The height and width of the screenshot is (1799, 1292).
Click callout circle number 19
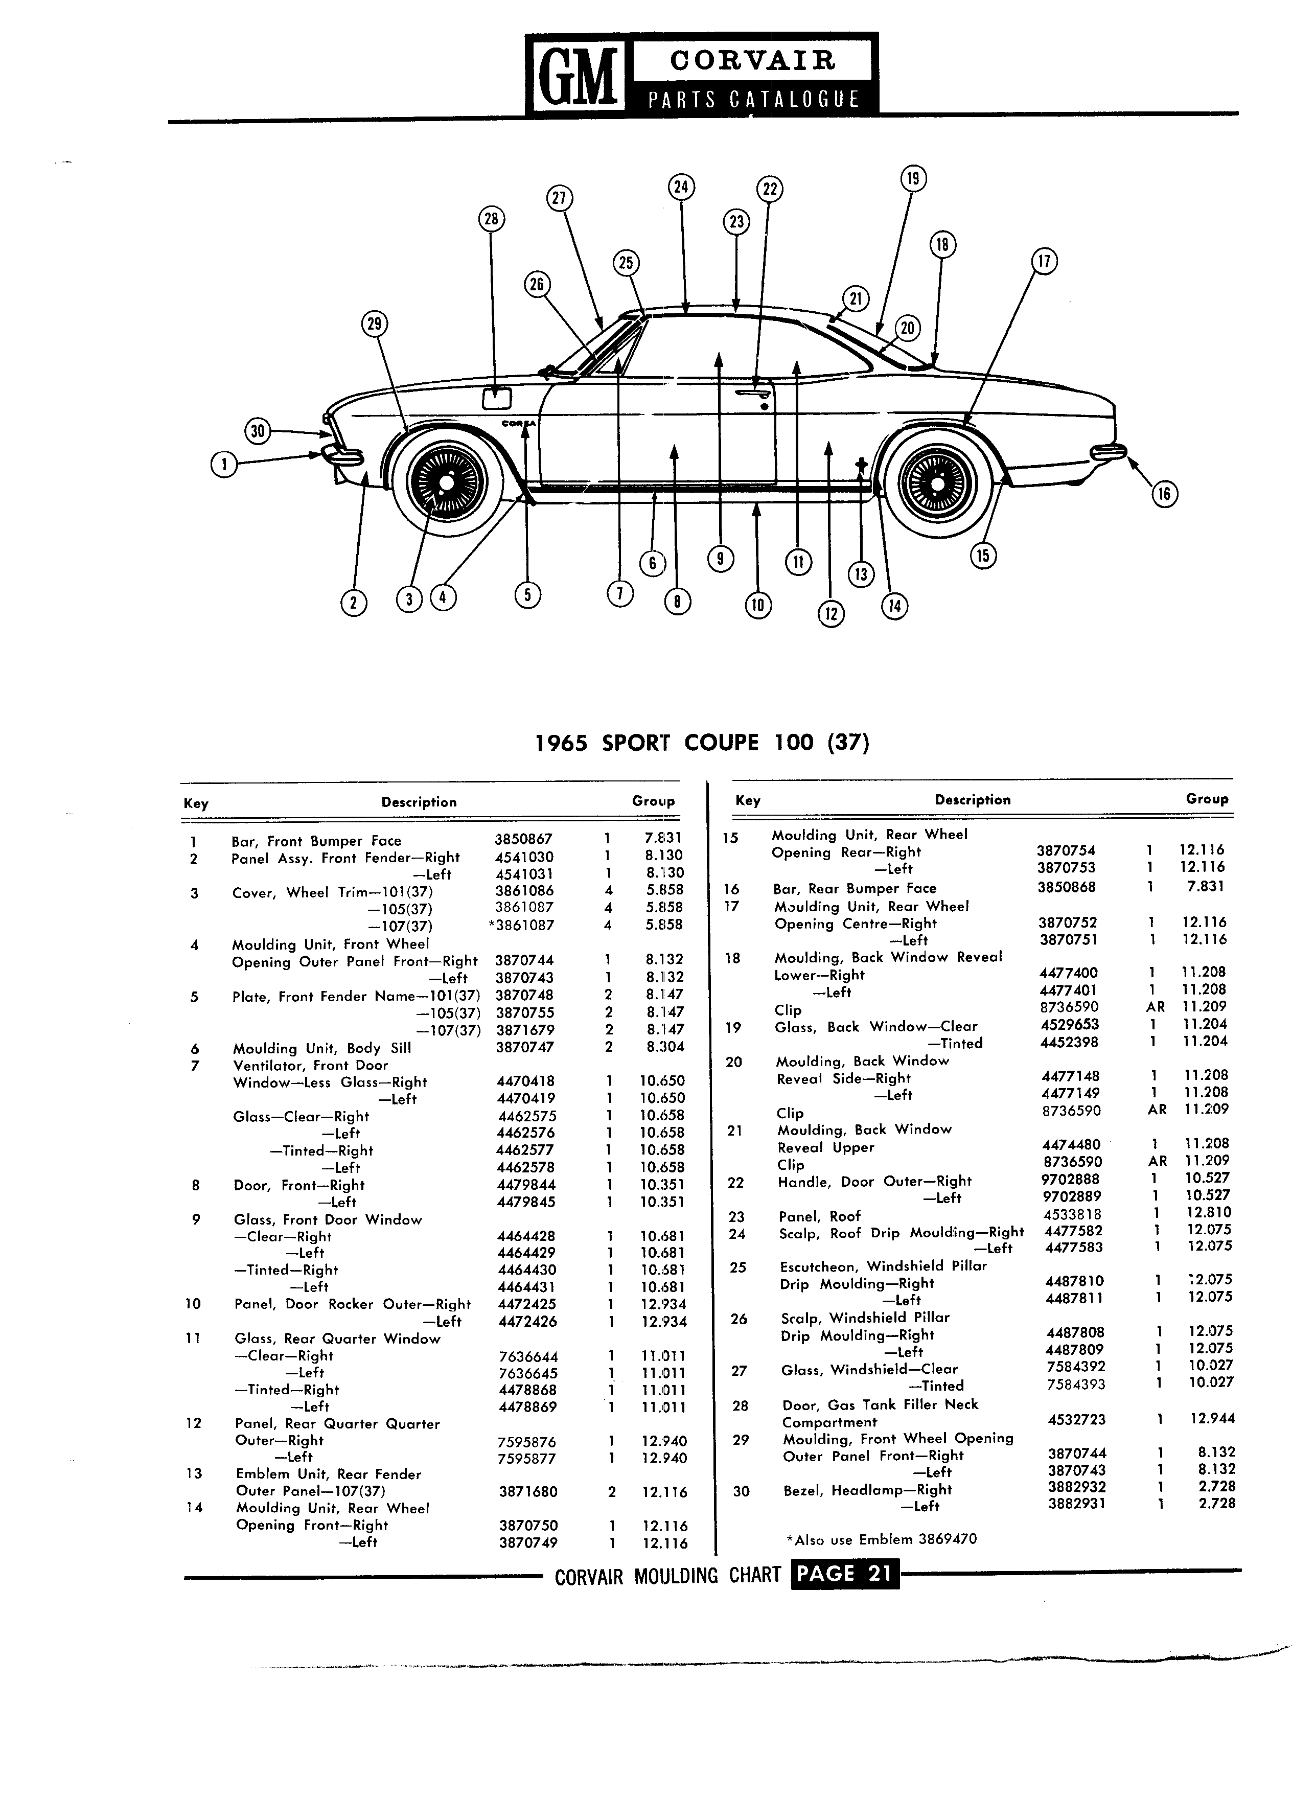[913, 178]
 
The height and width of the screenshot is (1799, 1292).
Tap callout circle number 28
[491, 219]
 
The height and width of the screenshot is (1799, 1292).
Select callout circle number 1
[225, 464]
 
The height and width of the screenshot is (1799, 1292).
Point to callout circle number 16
[1164, 494]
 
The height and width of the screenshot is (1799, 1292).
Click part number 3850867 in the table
[523, 839]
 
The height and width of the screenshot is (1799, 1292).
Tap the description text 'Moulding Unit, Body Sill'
[322, 1048]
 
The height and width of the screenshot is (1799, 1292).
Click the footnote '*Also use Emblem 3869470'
[881, 1539]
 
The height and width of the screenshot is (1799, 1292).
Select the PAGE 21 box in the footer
[845, 1574]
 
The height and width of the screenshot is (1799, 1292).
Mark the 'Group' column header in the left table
[654, 801]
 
